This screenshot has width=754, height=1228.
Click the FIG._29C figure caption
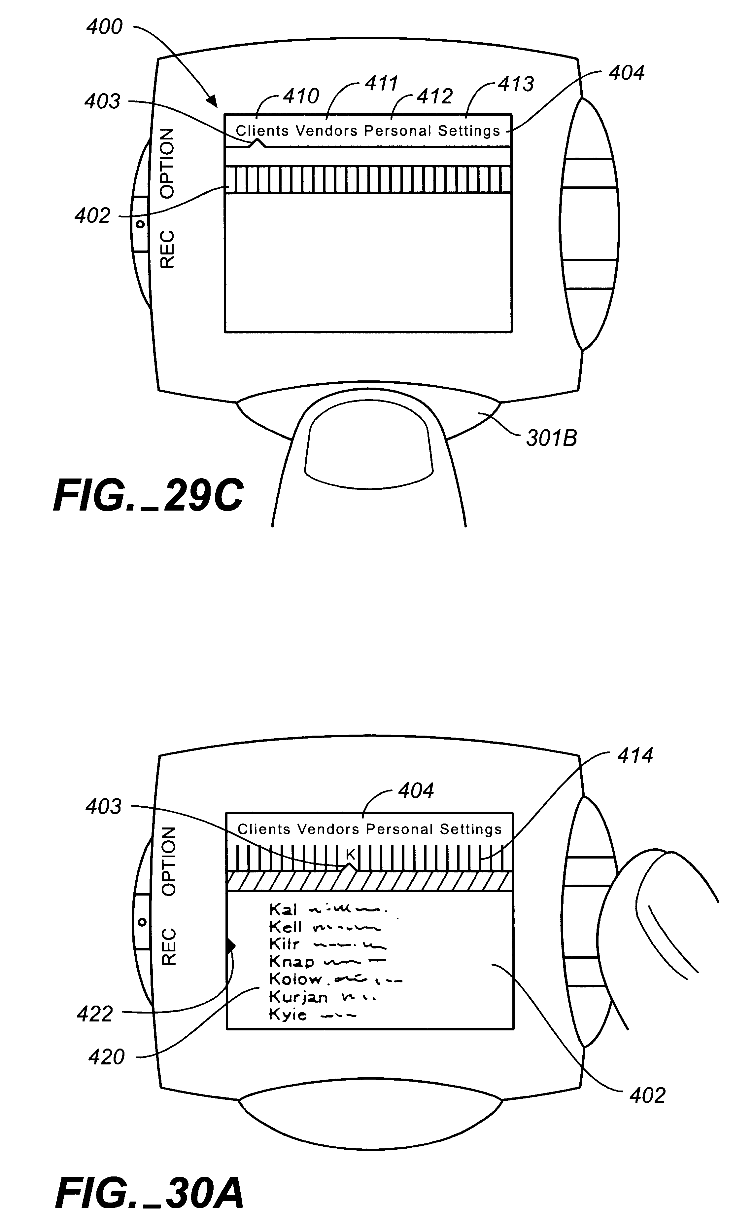pos(149,496)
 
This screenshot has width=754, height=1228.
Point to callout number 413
pos(516,84)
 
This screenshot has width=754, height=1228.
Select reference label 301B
pos(552,438)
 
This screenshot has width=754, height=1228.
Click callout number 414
pos(635,755)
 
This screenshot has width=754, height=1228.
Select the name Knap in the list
pos(291,961)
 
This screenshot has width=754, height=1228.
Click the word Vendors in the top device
pos(326,131)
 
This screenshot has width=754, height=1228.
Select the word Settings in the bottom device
pos(470,829)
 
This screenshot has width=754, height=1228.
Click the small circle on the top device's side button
pos(141,224)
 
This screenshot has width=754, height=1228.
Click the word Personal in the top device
pos(397,131)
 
